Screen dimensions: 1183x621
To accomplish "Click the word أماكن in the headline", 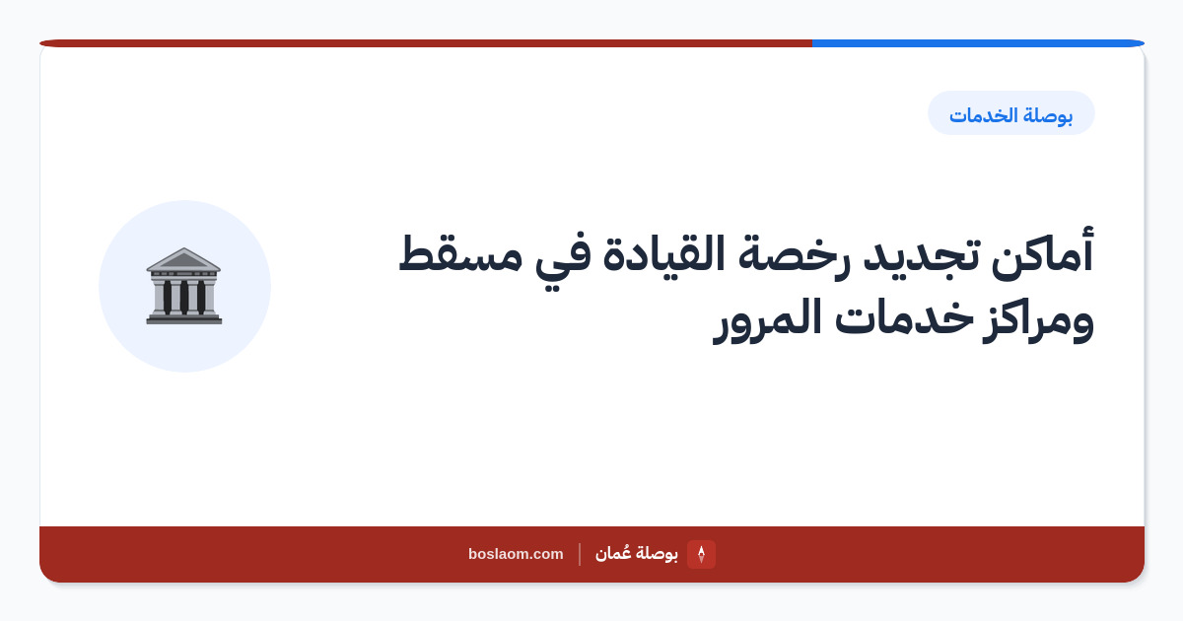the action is [1043, 254].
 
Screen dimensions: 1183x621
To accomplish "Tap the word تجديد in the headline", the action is [922, 256].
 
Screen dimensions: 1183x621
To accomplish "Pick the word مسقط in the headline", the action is [460, 253].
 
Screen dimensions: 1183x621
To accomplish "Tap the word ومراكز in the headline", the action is [1038, 320].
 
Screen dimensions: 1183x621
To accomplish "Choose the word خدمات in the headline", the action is [904, 315].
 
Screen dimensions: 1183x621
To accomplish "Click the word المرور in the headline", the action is [767, 320].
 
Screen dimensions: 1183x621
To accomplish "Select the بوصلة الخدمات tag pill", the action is [1010, 113].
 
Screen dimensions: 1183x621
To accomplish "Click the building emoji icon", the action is [183, 286].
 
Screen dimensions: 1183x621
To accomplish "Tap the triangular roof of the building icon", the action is [183, 258].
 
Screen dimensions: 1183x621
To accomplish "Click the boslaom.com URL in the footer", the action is [516, 554].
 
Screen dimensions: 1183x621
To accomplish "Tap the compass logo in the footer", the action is [701, 554].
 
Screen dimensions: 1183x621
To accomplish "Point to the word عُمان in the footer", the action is [612, 553].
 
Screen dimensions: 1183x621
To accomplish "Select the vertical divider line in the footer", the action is [580, 554].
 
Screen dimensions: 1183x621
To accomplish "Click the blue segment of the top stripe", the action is [978, 43].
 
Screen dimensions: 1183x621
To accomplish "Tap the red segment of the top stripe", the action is [426, 43].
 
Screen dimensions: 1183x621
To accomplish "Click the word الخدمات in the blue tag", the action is [983, 115].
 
